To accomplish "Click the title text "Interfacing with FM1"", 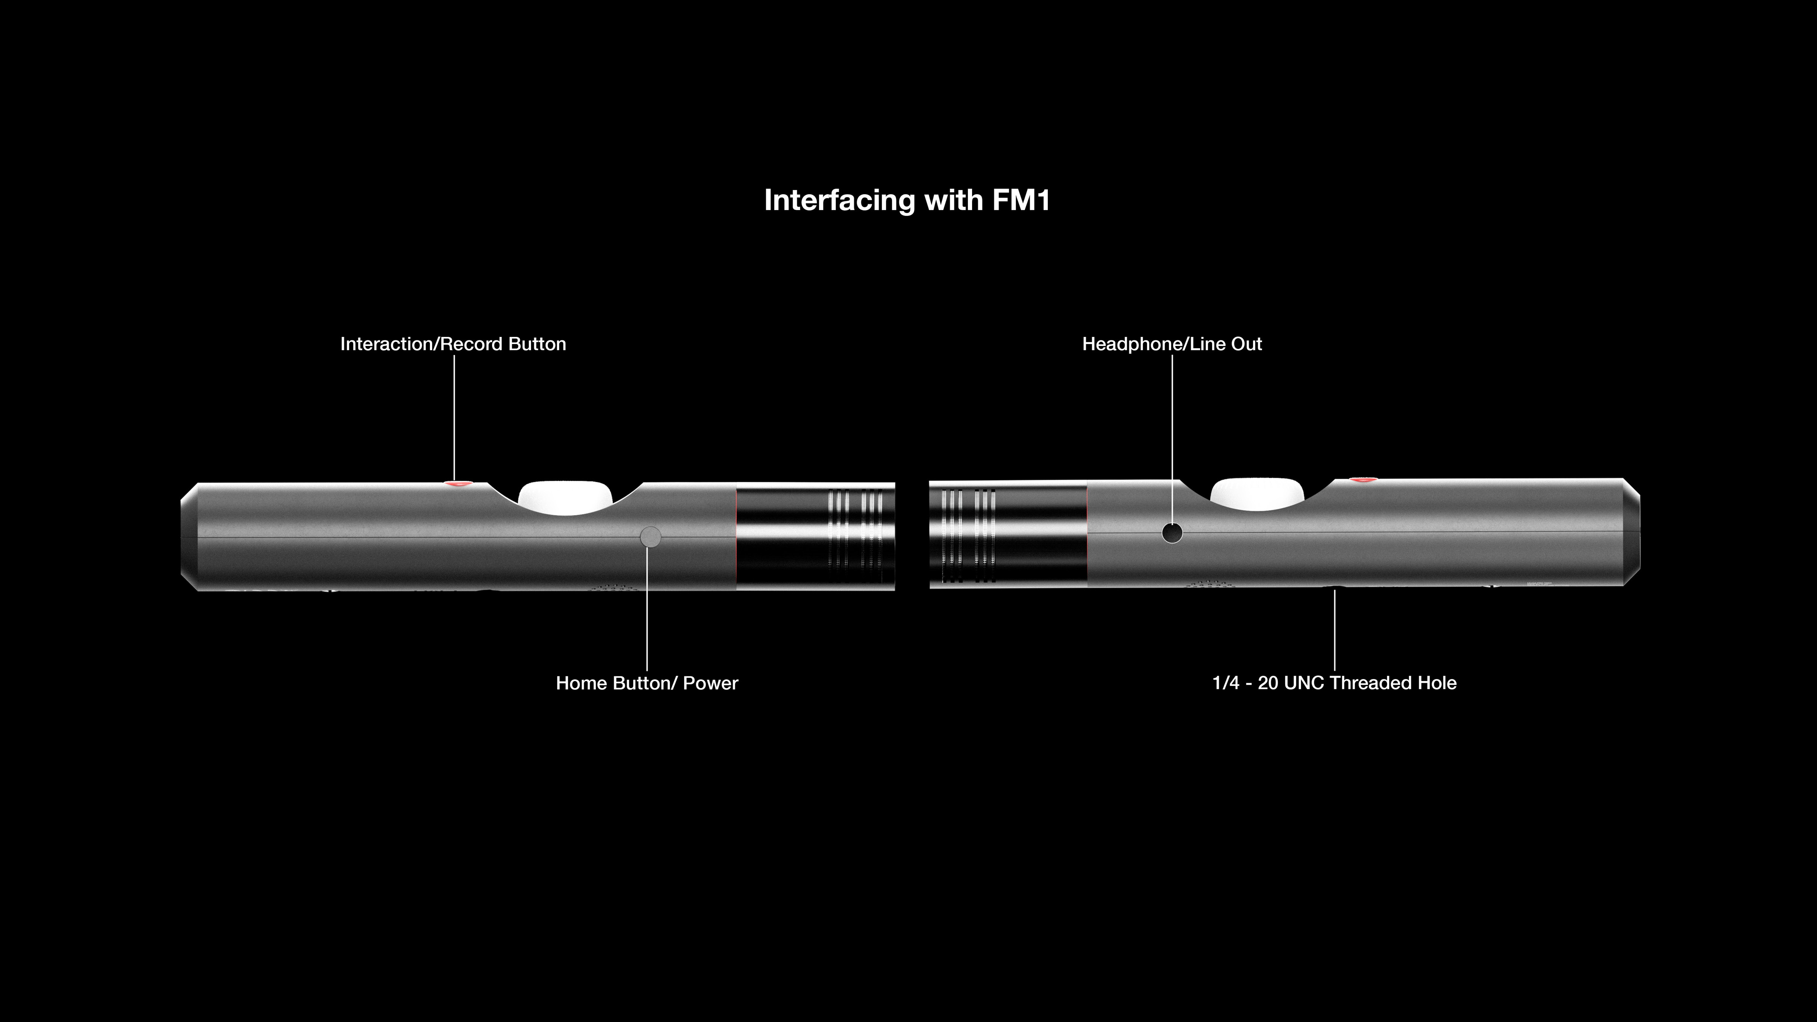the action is click(907, 200).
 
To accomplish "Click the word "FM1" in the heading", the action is click(1021, 200).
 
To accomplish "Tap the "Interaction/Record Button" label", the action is click(453, 344).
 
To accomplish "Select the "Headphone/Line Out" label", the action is click(1172, 344).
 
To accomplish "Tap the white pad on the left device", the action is click(565, 494).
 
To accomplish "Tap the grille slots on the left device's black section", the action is click(855, 536).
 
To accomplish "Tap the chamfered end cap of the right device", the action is click(1632, 533).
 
